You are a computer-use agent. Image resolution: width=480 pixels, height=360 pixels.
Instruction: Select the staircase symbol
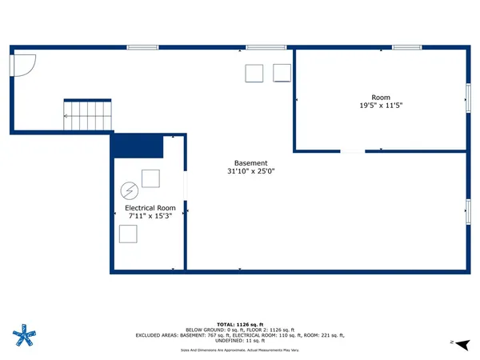coord(89,115)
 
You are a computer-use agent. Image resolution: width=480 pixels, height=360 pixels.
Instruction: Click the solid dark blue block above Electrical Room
coord(137,146)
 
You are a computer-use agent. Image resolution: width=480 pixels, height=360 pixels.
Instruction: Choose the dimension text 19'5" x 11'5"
coord(380,104)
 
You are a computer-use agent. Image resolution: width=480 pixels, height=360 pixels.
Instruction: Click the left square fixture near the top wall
coord(254,73)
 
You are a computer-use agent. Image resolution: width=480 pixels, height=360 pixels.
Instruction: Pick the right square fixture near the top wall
coord(282,73)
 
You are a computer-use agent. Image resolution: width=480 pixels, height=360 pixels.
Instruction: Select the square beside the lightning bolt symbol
coord(150,178)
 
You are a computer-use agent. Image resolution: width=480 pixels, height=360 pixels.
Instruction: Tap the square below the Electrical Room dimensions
coord(128,234)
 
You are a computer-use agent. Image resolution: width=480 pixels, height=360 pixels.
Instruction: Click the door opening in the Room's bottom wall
coord(352,150)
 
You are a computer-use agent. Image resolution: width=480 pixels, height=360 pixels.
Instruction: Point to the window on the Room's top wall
coord(406,47)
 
